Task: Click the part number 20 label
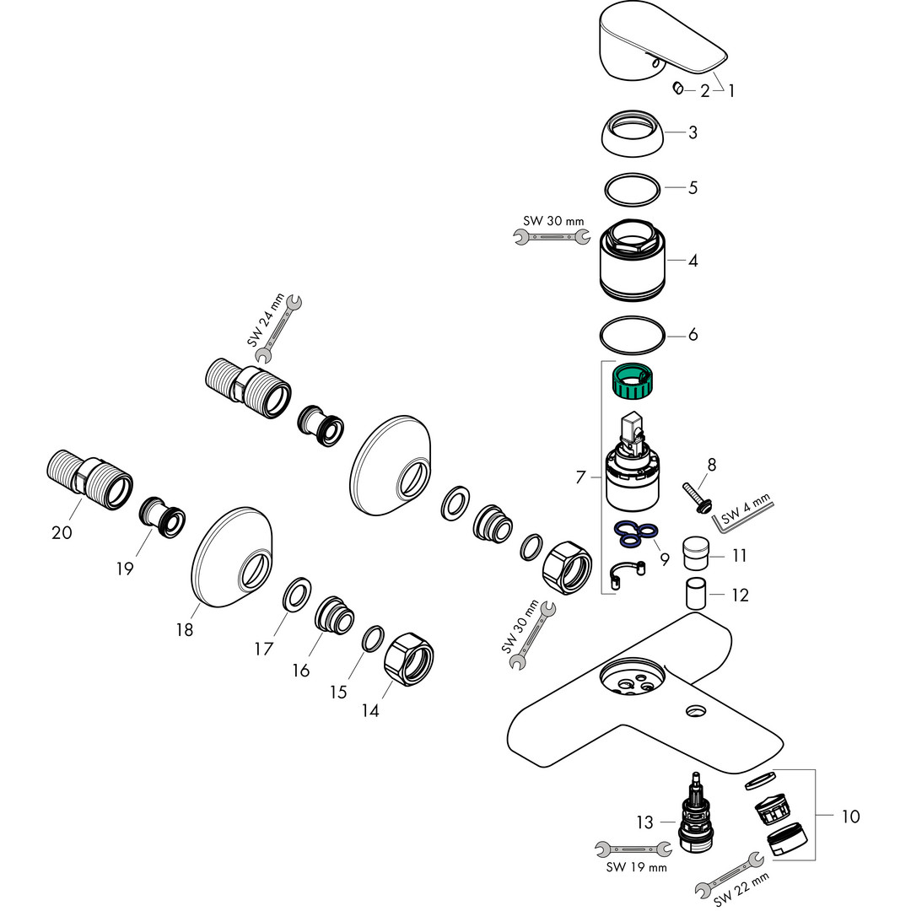click(x=62, y=532)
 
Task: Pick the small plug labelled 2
click(x=679, y=89)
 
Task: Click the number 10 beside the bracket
click(x=849, y=817)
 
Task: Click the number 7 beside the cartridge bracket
click(x=580, y=477)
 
